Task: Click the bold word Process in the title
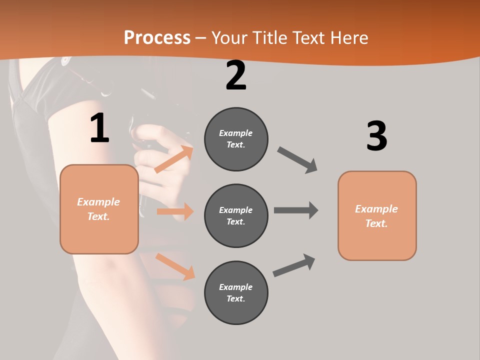(157, 38)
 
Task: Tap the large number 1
(99, 128)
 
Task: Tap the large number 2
(236, 76)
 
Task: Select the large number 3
(376, 136)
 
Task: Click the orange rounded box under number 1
(99, 209)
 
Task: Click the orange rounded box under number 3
(377, 216)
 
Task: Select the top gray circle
(236, 139)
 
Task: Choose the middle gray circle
(236, 216)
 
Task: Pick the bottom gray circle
(236, 293)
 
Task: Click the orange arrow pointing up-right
(173, 159)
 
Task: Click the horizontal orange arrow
(175, 211)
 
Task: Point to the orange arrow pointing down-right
(175, 266)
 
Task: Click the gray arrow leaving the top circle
(297, 160)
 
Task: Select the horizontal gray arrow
(296, 210)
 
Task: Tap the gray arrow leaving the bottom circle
(294, 265)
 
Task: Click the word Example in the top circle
(236, 133)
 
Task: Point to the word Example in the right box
(376, 209)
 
